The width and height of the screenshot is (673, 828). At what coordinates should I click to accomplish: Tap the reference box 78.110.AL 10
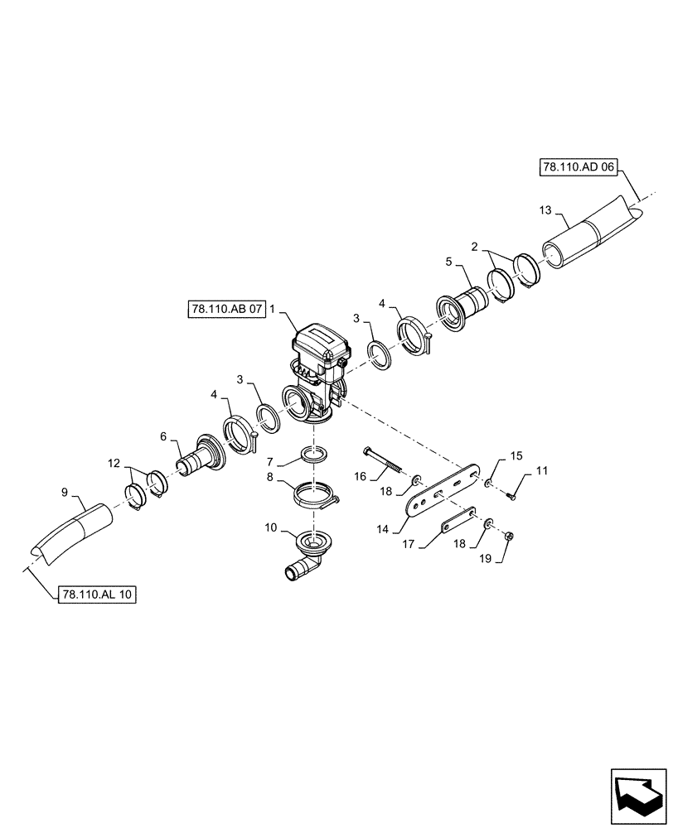tap(98, 595)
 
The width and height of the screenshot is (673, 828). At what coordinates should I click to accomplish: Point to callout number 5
tap(449, 262)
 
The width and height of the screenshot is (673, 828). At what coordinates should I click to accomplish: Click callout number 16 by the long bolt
tap(361, 476)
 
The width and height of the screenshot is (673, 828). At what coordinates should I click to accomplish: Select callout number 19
tap(485, 559)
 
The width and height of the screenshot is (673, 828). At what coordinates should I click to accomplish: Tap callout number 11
tap(541, 471)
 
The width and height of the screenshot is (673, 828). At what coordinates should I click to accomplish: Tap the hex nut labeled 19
tap(509, 537)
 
